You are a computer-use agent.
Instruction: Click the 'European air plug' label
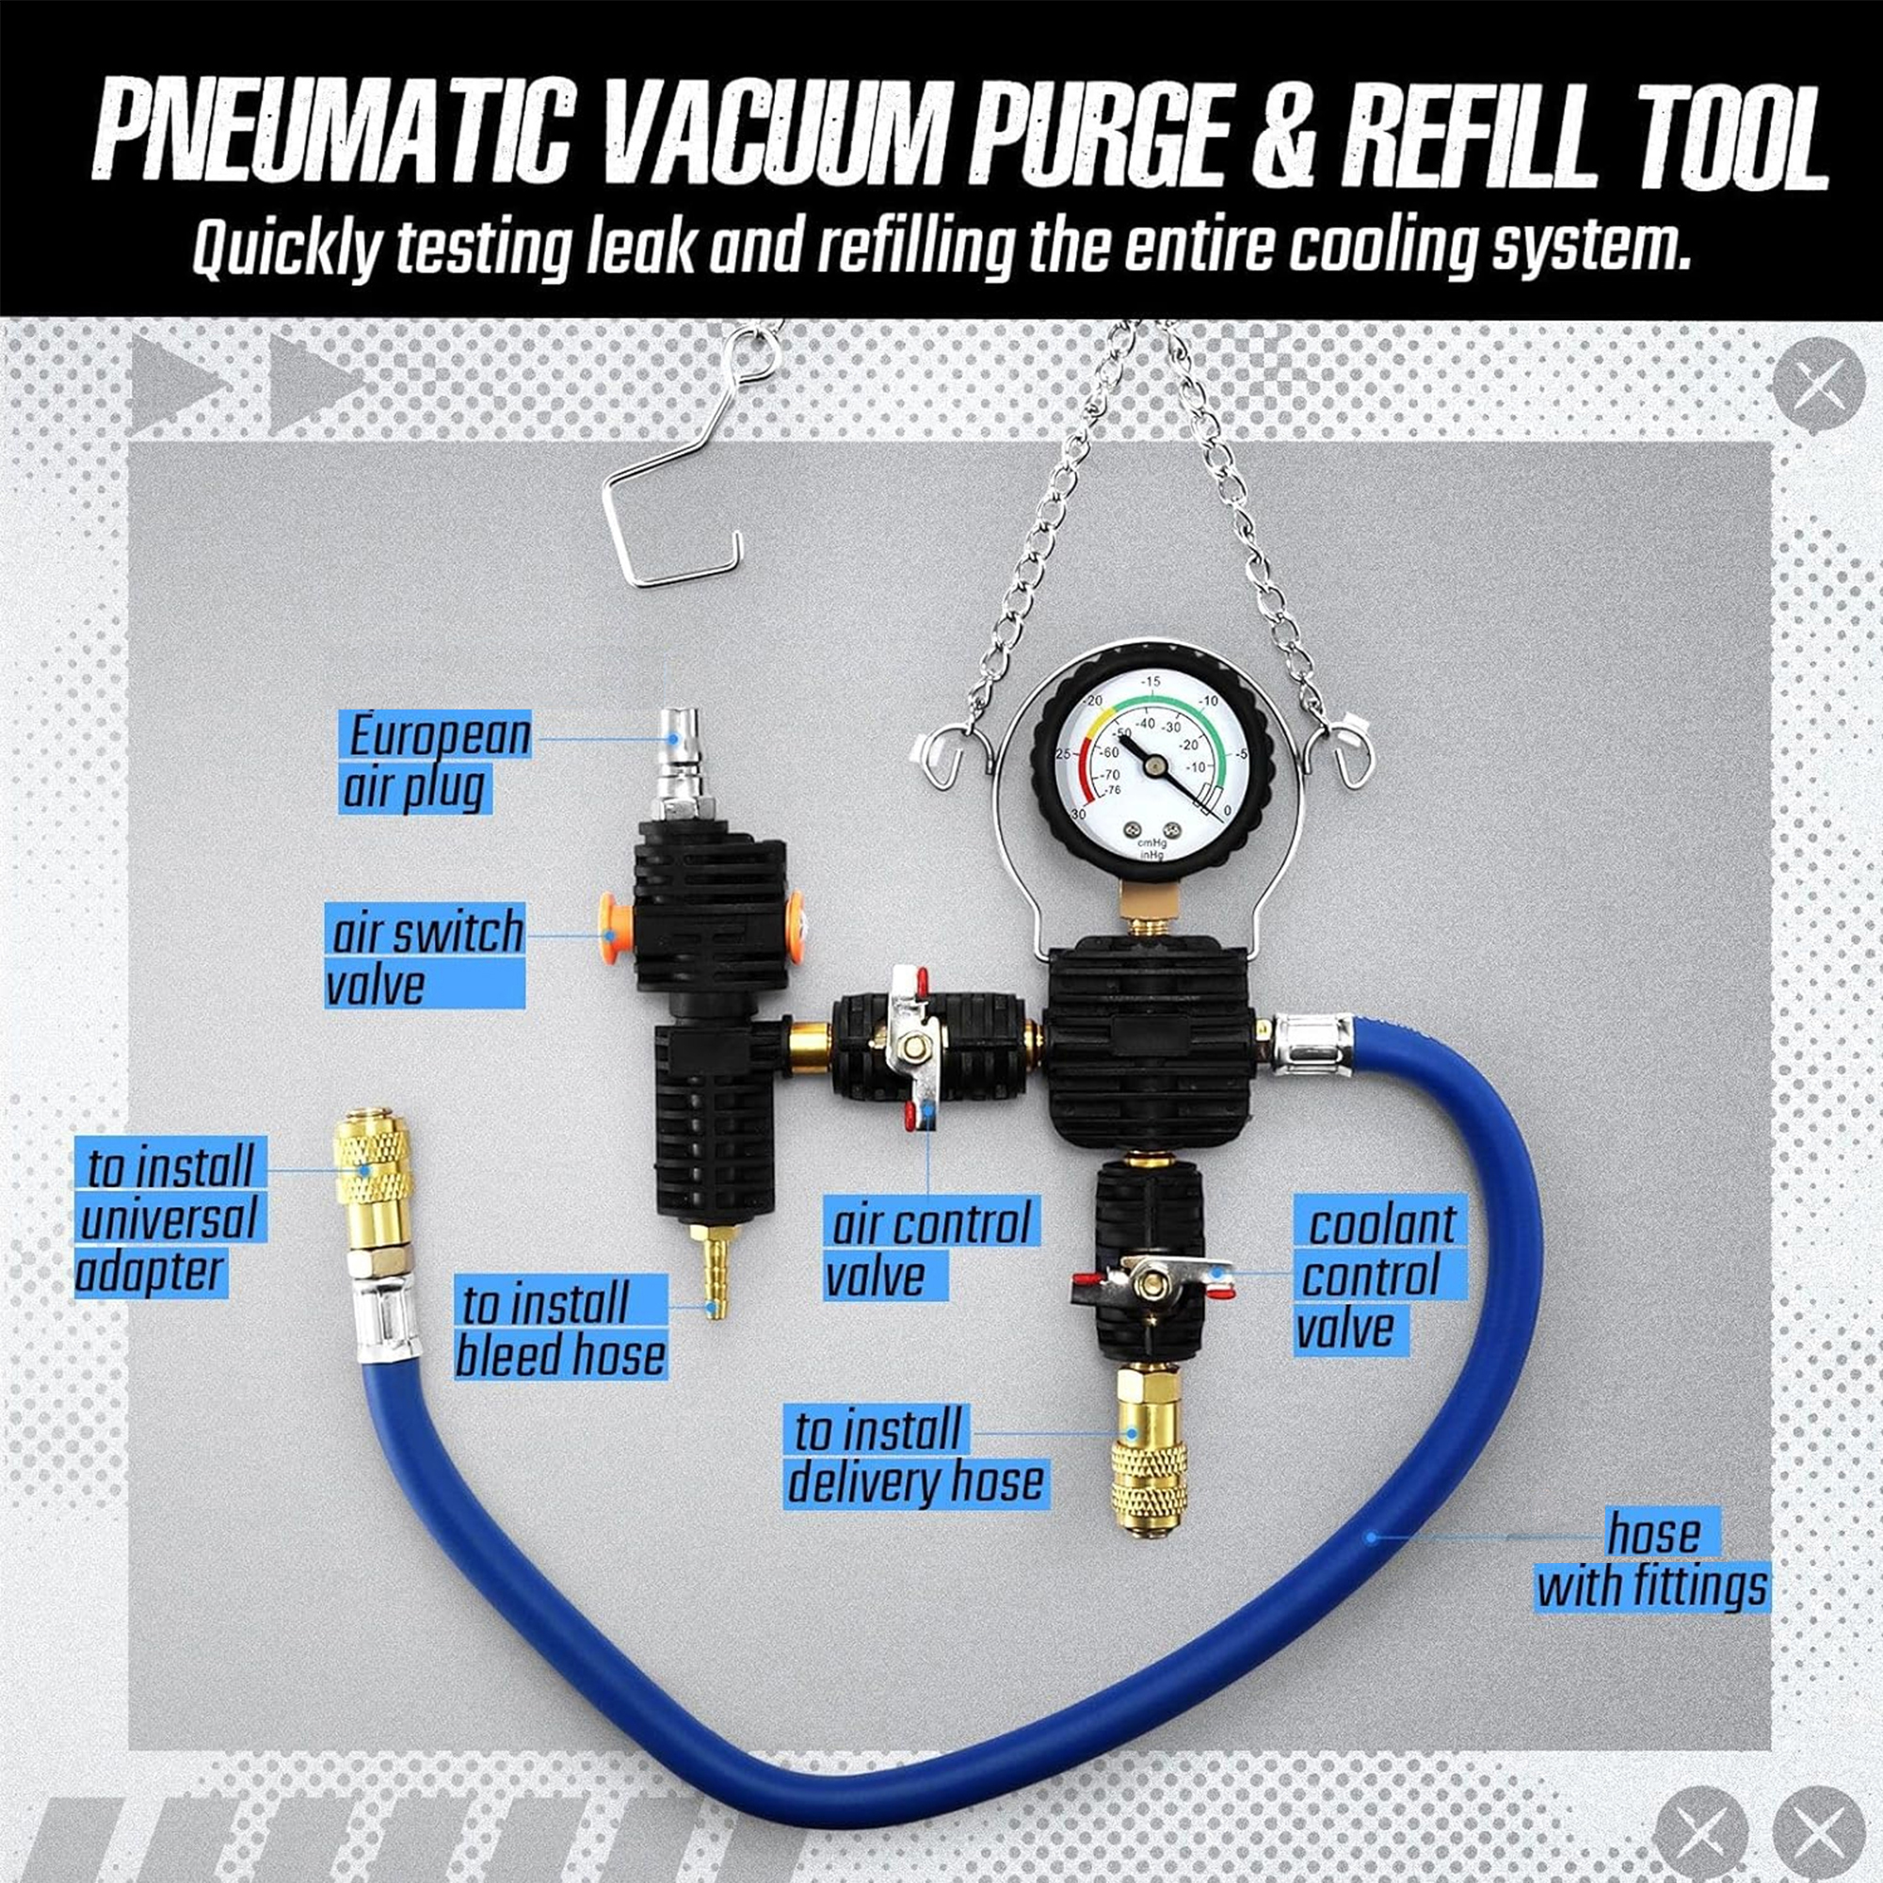pyautogui.click(x=435, y=763)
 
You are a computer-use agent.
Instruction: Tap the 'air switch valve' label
pyautogui.click(x=426, y=958)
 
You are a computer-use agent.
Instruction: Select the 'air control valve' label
pyautogui.click(x=931, y=1249)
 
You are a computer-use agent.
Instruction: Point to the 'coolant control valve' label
pyautogui.click(x=1380, y=1275)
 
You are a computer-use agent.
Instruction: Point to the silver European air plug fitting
pyautogui.click(x=673, y=767)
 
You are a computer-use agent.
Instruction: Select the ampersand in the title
pyautogui.click(x=1279, y=140)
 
